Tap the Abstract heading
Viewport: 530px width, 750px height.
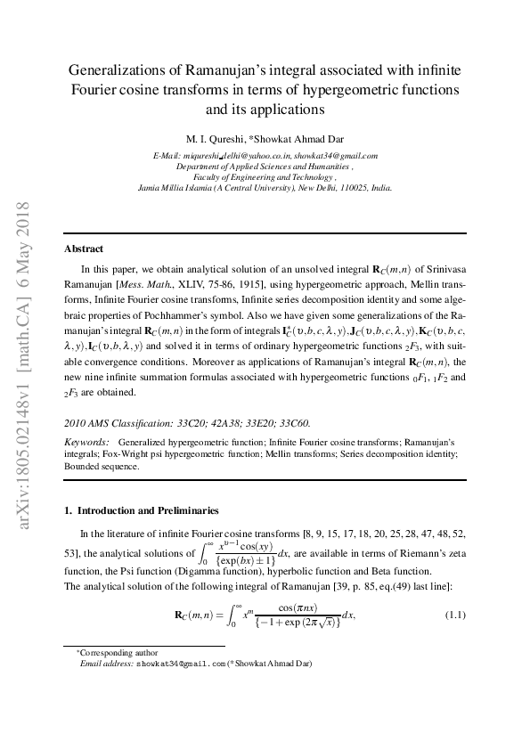(84, 249)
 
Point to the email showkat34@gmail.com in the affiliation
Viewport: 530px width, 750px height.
(337, 156)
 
